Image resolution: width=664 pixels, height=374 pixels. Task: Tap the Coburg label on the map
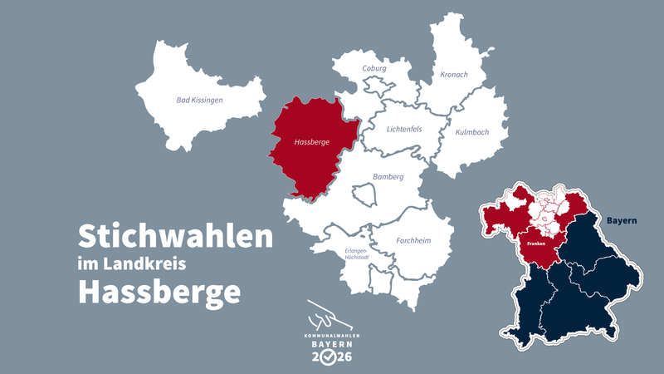pos(374,69)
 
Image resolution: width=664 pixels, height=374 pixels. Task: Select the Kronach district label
pos(454,75)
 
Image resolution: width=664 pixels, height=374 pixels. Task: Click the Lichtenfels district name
pos(404,129)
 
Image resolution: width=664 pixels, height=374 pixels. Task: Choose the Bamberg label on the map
pos(388,176)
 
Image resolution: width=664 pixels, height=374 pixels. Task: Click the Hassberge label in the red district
pos(312,142)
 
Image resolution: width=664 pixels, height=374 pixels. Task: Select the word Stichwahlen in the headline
pos(175,237)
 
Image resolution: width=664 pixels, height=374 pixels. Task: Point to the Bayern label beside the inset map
pos(622,221)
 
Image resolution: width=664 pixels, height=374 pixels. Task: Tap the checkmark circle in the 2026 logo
pos(331,357)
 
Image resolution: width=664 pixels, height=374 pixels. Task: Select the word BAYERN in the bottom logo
pos(331,343)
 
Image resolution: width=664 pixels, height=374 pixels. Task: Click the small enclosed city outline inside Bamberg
pos(365,195)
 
